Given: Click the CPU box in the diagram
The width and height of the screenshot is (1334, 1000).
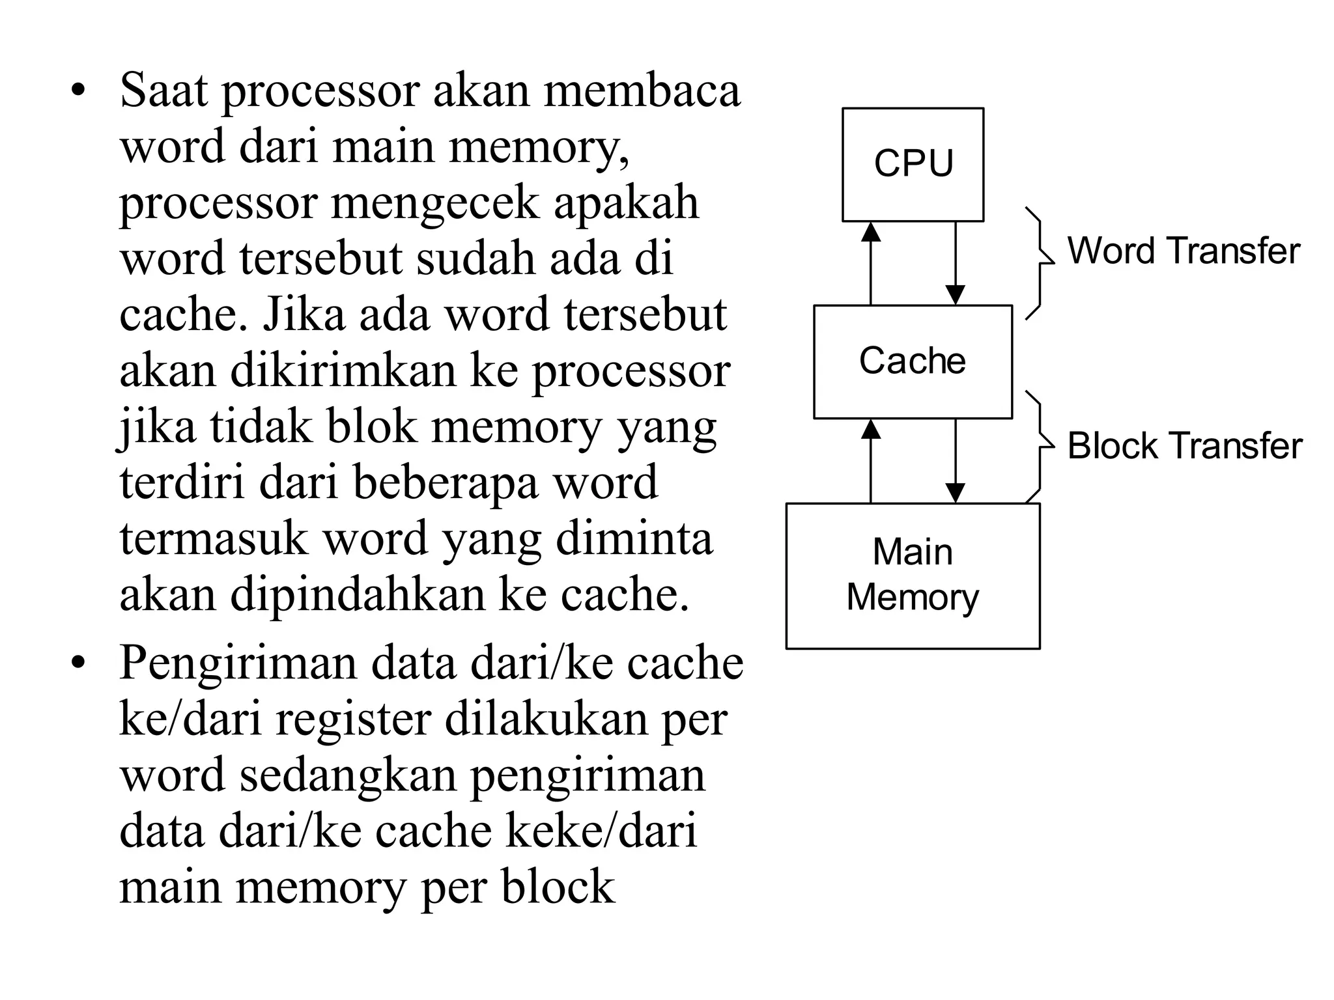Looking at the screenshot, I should point(913,164).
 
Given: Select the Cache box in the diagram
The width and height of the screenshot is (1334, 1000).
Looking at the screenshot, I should point(913,361).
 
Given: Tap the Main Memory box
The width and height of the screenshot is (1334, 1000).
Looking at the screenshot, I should point(913,576).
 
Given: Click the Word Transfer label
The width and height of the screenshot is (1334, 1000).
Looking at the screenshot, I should point(1183,251).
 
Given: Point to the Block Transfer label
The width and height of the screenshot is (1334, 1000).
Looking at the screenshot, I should point(1184,446).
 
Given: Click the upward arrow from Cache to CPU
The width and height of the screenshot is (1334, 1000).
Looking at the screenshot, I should point(871,263).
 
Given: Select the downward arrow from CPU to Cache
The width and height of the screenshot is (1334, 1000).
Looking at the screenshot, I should point(955,263).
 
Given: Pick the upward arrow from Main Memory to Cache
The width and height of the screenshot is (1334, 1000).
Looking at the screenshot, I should point(871,461).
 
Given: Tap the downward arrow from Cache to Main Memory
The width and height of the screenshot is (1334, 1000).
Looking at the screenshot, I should point(955,461).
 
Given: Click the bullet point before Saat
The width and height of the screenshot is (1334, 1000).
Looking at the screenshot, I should point(79,92).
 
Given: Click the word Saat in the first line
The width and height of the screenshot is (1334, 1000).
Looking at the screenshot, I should point(163,90).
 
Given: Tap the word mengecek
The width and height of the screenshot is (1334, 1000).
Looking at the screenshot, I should point(434,203).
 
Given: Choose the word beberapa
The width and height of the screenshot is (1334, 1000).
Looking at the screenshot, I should point(445,483).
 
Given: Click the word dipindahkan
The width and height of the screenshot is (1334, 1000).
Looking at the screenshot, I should point(358,595).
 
